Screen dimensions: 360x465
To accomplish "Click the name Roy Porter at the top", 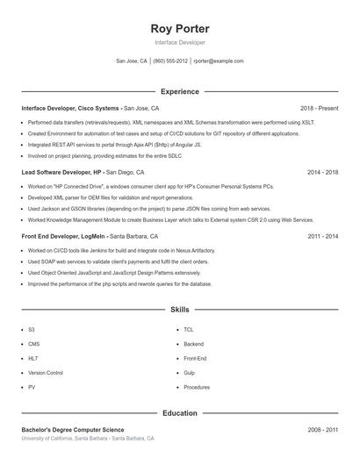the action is point(180,28).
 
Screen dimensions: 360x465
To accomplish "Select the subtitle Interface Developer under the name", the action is point(180,42).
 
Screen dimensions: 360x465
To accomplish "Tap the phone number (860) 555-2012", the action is point(170,61).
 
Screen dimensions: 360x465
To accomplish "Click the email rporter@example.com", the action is point(219,61).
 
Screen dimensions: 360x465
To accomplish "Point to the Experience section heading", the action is point(180,91).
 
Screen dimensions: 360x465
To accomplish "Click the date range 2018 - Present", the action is point(319,108).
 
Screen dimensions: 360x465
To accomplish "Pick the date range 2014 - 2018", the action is point(322,172).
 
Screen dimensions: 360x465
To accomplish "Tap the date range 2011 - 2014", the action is point(322,236).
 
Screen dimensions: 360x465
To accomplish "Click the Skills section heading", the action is point(180,310).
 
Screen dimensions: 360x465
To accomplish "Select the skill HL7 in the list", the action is point(32,358).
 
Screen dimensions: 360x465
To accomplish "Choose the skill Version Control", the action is point(46,373).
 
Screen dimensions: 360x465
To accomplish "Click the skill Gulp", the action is point(190,373).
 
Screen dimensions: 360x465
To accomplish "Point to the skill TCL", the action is point(189,329).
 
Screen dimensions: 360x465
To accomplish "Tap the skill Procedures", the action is point(197,387).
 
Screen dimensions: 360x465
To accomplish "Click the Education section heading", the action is point(180,412).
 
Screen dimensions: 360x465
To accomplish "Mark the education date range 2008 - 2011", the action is point(322,430).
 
